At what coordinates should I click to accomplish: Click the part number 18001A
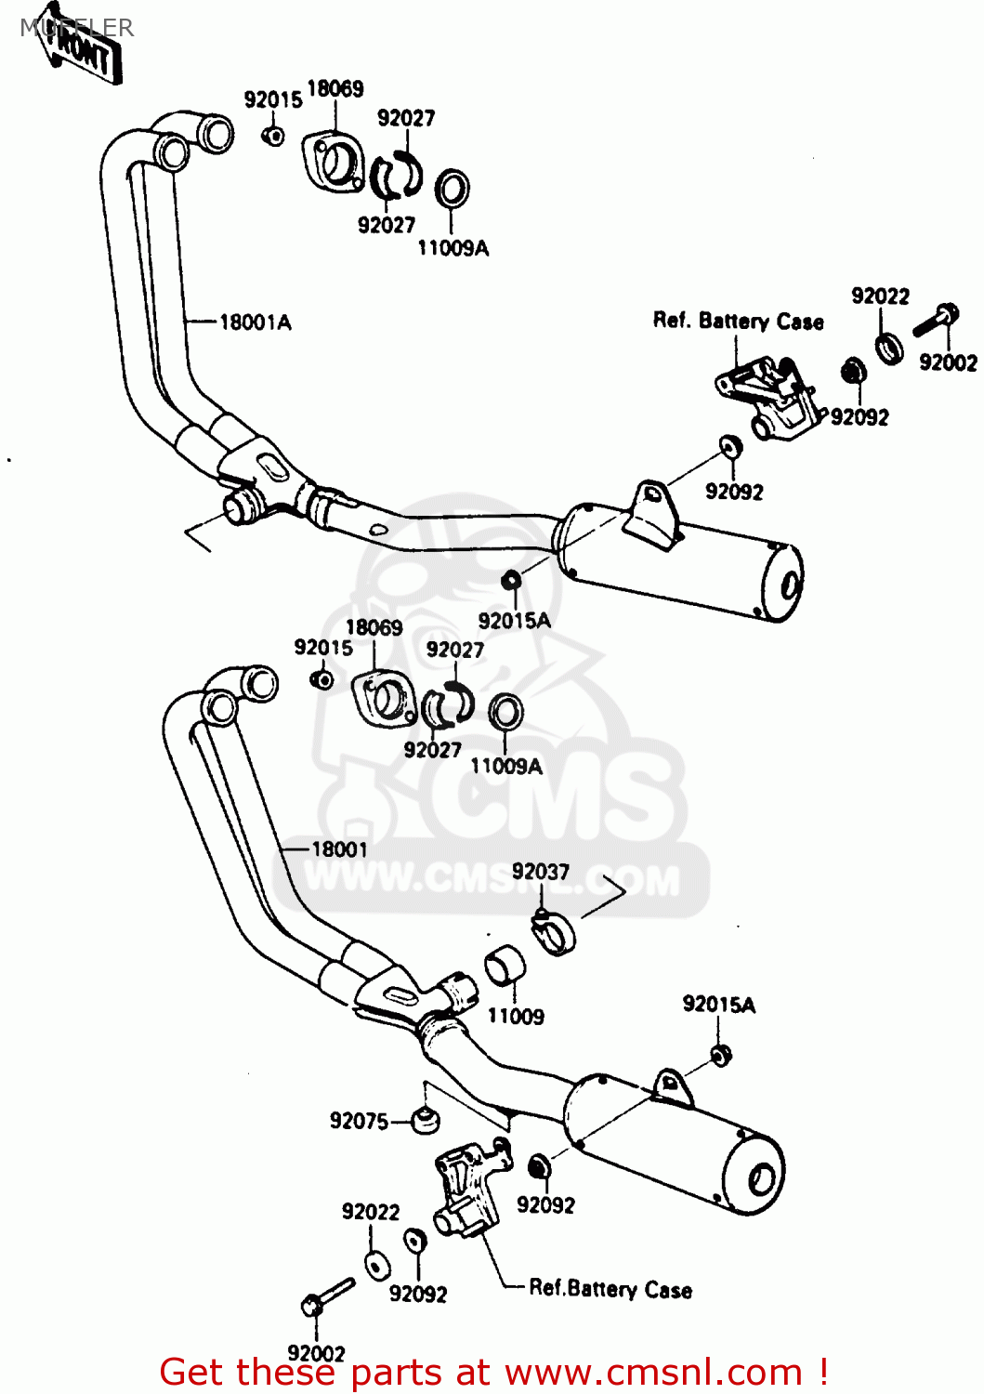point(255,322)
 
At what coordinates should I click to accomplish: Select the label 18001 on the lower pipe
point(339,849)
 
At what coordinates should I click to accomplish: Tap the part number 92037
point(540,872)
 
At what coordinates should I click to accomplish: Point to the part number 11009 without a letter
point(516,1017)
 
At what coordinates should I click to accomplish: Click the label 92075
point(359,1122)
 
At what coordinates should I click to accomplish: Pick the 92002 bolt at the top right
point(936,322)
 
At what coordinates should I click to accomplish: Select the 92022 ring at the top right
point(889,348)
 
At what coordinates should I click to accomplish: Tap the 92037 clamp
point(555,931)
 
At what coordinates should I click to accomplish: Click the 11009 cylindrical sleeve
point(505,965)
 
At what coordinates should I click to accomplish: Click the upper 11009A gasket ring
point(452,189)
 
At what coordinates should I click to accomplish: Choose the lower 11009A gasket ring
point(505,713)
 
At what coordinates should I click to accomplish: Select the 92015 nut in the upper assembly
point(272,136)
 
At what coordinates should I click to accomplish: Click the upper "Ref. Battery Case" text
point(738,322)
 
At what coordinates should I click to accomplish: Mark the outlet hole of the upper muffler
point(791,585)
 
